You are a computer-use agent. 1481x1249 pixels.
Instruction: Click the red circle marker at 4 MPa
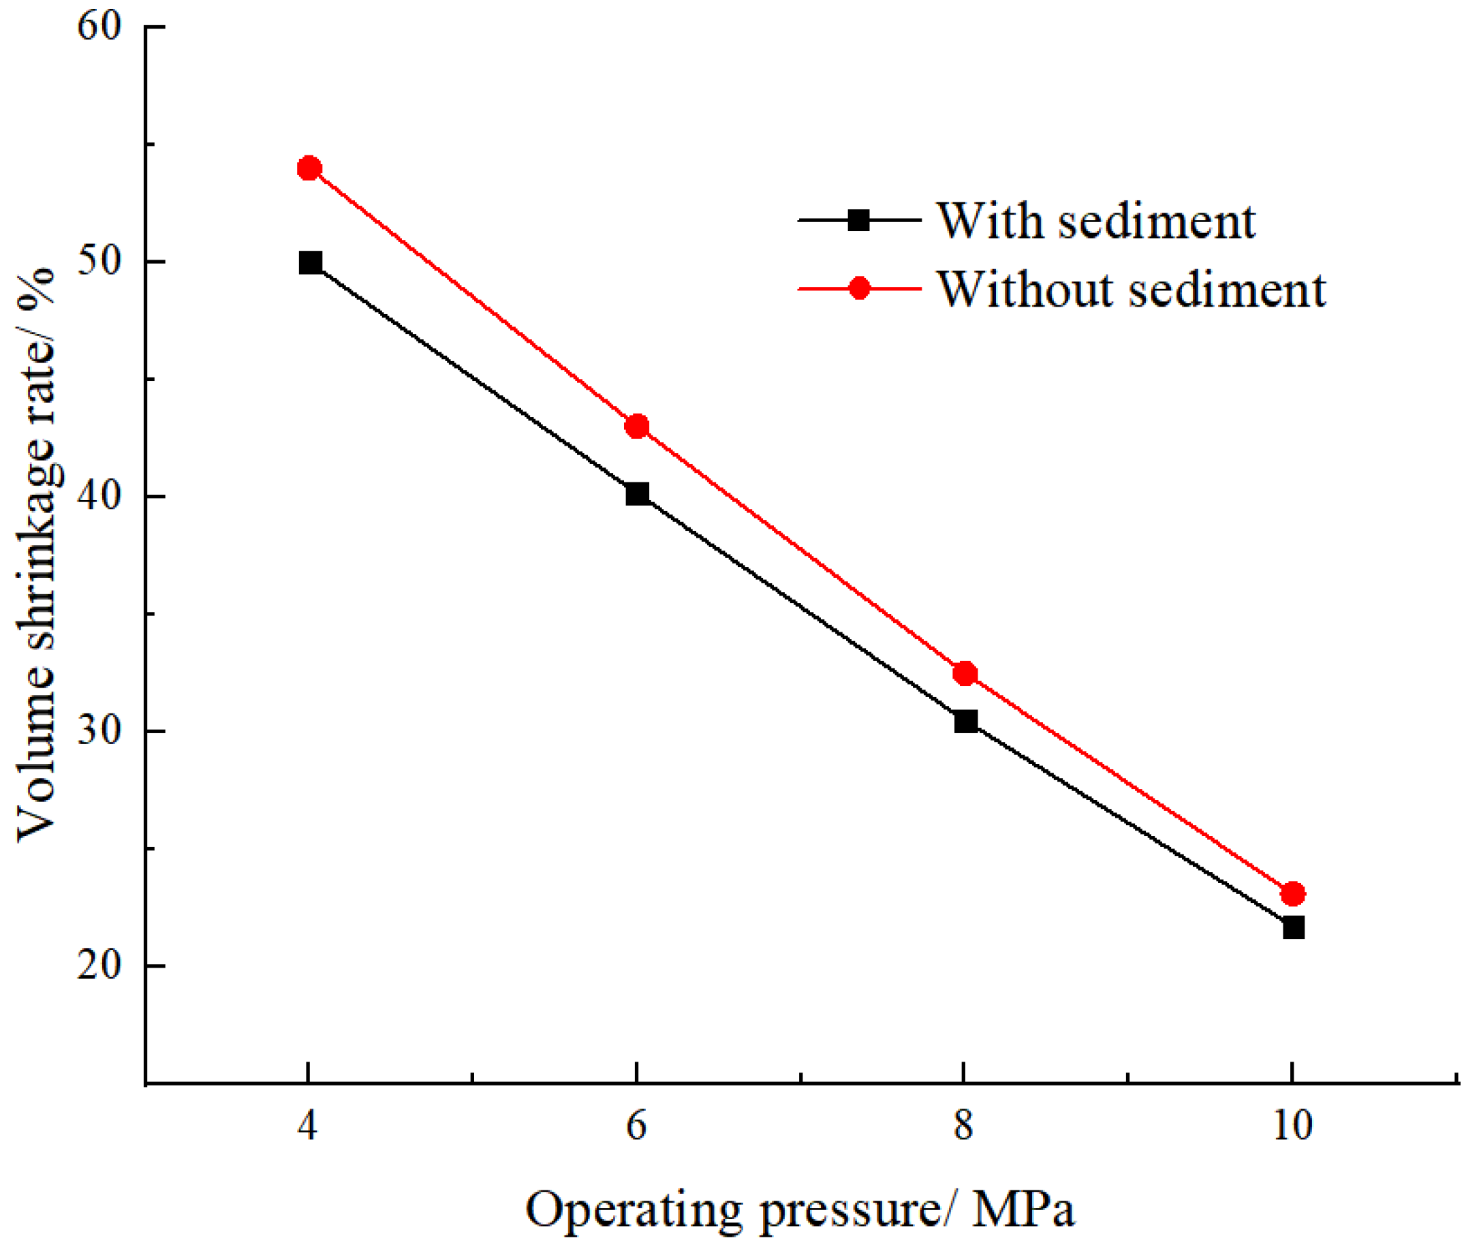click(x=309, y=168)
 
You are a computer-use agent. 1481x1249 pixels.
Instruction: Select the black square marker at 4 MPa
click(x=310, y=263)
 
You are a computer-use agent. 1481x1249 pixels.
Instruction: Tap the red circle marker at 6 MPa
click(x=637, y=427)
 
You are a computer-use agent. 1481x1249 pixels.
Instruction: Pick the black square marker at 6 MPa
click(x=637, y=493)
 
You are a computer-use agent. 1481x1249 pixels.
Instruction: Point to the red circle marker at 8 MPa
click(x=965, y=673)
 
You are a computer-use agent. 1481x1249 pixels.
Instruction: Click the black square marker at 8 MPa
click(x=965, y=722)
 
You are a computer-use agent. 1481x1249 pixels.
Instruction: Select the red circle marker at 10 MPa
click(x=1293, y=893)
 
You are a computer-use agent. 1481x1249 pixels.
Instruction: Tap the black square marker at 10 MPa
click(x=1294, y=927)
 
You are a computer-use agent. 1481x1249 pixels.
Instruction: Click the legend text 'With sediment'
click(x=1097, y=221)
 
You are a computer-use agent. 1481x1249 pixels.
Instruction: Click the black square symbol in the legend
click(x=859, y=220)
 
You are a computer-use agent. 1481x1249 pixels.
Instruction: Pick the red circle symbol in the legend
click(x=859, y=289)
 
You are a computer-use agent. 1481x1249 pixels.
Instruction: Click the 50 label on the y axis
click(x=99, y=261)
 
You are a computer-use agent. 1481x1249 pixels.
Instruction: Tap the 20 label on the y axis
click(x=99, y=964)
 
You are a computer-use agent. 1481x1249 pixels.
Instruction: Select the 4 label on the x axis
click(x=307, y=1124)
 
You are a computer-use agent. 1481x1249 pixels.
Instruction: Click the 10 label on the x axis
click(x=1293, y=1124)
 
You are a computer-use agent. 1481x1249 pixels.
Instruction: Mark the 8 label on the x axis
click(x=963, y=1124)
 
